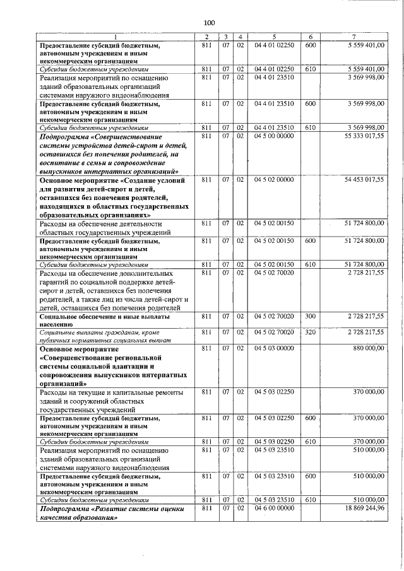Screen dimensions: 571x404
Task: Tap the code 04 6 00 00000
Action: [x=274, y=508]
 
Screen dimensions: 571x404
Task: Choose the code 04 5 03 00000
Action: [x=274, y=348]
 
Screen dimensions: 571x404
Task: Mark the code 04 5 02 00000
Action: [x=274, y=180]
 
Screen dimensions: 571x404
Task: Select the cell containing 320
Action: [x=310, y=331]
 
